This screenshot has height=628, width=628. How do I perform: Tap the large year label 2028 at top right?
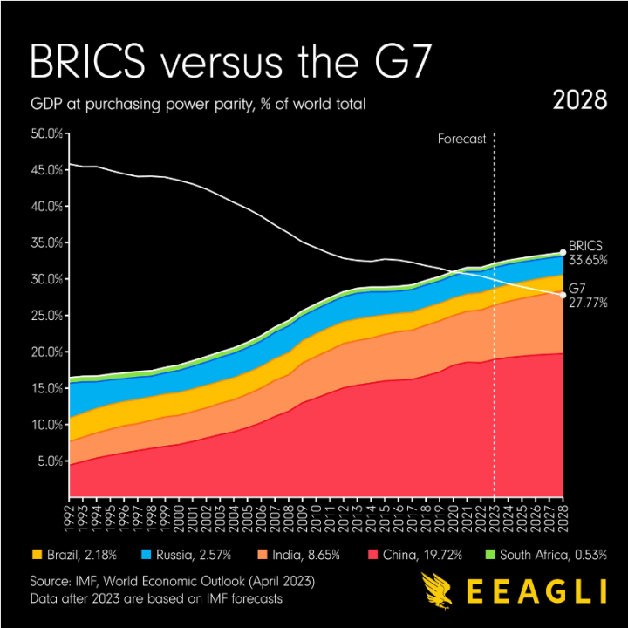tap(580, 100)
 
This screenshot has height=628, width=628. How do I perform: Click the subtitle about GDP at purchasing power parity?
tap(197, 105)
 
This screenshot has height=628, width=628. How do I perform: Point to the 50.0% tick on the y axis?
tap(47, 133)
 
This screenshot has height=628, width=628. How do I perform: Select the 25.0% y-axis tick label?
tap(47, 316)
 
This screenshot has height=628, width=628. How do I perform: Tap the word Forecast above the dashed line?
tap(461, 139)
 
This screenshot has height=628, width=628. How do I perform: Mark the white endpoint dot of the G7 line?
tap(563, 295)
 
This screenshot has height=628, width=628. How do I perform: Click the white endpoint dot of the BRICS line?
tap(563, 252)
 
